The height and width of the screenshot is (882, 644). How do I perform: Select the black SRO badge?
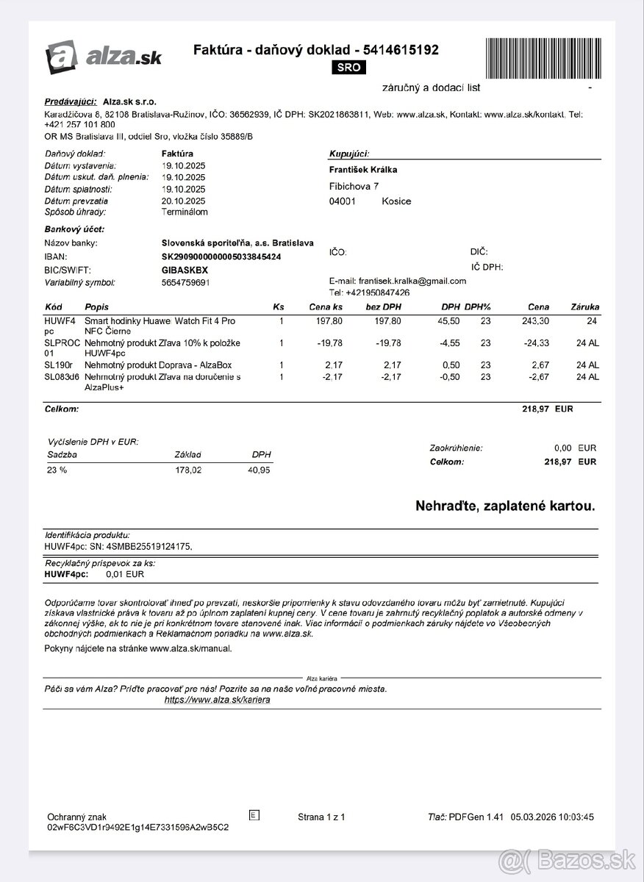[349, 68]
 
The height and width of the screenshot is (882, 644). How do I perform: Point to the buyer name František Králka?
[363, 170]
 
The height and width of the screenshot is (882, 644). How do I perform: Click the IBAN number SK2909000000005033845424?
[221, 257]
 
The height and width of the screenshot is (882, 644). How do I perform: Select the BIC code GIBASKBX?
[185, 270]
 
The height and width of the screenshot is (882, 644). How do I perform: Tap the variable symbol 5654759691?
[185, 282]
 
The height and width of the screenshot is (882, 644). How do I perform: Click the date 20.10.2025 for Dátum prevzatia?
[183, 201]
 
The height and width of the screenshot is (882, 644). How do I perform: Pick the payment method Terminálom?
[185, 212]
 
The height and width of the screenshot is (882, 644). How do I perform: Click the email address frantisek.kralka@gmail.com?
[412, 281]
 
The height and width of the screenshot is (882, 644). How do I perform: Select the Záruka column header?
[584, 306]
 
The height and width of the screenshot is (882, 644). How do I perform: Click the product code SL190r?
[58, 365]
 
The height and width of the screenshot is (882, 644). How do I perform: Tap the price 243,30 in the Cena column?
[534, 321]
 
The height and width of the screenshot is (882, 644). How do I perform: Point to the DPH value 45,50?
[450, 321]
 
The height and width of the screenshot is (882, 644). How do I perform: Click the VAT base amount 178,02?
[188, 470]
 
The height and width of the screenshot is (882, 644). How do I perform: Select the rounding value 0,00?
[562, 448]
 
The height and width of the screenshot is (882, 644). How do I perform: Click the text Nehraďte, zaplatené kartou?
[505, 506]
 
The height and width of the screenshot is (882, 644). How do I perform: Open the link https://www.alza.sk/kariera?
[217, 700]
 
